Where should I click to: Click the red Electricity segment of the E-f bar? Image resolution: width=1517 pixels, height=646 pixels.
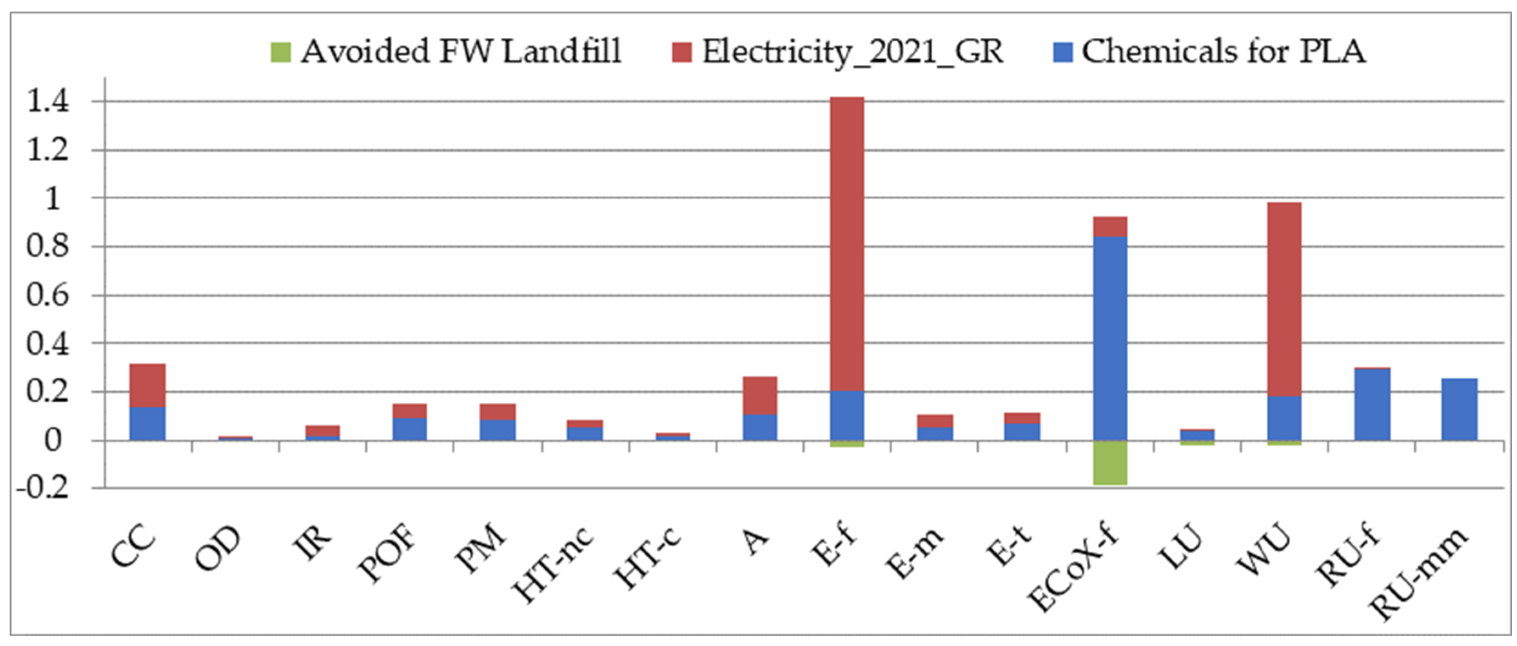click(847, 244)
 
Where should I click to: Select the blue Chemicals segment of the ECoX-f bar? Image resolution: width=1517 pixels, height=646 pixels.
click(1110, 338)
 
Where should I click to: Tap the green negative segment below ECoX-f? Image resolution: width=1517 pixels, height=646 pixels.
click(1110, 463)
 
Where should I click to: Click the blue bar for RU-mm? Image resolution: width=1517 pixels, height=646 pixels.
click(1459, 409)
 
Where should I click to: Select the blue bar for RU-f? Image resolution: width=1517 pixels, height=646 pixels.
click(1372, 405)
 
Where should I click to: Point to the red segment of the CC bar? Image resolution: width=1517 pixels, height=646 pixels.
click(147, 385)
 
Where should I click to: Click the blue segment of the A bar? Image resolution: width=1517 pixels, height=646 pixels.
click(760, 428)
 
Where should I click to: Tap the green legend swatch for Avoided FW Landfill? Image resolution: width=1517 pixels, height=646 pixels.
click(280, 52)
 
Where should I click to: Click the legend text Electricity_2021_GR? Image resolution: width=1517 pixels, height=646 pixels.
click(852, 52)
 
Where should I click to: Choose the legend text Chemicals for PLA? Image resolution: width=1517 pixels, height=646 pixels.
click(1223, 52)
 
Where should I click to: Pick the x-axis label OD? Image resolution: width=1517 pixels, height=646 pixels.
click(218, 549)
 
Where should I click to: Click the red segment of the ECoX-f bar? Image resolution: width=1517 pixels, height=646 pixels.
click(1110, 226)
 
